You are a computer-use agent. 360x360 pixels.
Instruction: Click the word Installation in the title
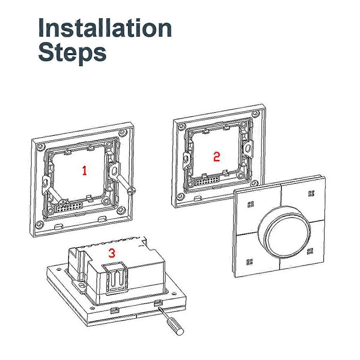105,28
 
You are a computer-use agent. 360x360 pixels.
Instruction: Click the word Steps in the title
73,53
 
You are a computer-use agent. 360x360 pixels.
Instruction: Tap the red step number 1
85,170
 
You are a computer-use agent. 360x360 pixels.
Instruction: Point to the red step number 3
112,253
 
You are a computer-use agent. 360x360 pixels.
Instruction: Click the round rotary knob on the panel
284,232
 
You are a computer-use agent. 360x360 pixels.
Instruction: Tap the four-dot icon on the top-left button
250,204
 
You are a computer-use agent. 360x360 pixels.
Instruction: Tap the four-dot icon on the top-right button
311,193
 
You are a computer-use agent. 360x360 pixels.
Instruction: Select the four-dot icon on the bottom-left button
250,262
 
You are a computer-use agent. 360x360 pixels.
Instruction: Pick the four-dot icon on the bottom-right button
310,251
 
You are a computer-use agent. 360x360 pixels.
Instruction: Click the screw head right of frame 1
131,191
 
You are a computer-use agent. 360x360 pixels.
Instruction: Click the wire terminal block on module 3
116,280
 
